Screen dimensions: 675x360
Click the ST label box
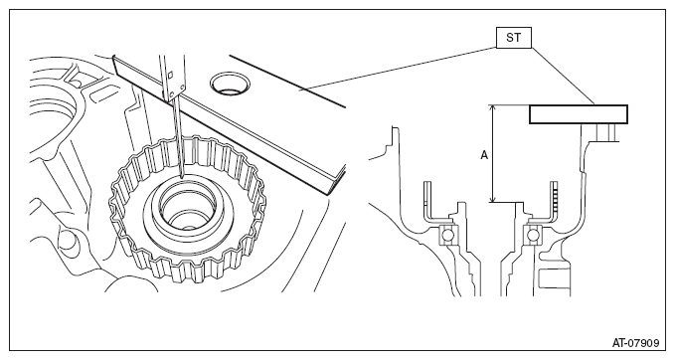[x=514, y=38]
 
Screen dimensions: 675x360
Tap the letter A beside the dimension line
[x=484, y=155]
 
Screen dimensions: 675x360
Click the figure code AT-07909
[x=636, y=343]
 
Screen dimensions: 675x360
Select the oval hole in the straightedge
[x=231, y=84]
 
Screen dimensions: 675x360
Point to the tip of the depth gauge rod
[x=182, y=177]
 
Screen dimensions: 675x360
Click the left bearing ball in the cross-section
[x=446, y=236]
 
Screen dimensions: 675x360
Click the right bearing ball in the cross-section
[x=534, y=236]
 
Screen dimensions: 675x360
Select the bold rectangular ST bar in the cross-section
[x=579, y=114]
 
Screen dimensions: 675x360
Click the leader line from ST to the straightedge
[x=398, y=69]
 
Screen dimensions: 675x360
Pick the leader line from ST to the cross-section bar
[x=563, y=77]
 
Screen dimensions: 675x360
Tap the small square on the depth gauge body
[x=170, y=75]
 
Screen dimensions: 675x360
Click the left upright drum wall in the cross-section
[x=426, y=201]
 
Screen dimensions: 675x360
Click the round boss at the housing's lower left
[x=69, y=241]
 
